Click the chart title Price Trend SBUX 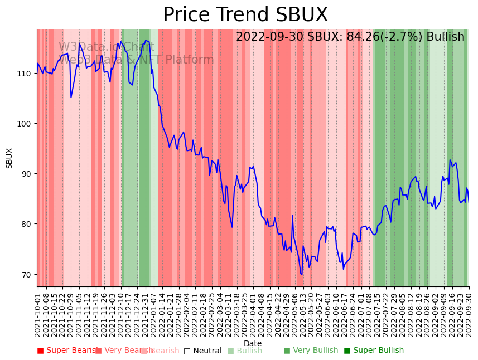point(245,15)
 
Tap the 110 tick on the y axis point(27,73)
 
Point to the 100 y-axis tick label point(27,123)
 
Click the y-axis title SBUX point(9,158)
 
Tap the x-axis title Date point(253,343)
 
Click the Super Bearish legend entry point(67,351)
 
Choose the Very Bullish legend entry point(311,351)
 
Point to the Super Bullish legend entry point(374,351)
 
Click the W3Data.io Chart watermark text point(106,47)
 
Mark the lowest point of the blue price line point(301,274)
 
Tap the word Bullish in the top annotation point(445,37)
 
